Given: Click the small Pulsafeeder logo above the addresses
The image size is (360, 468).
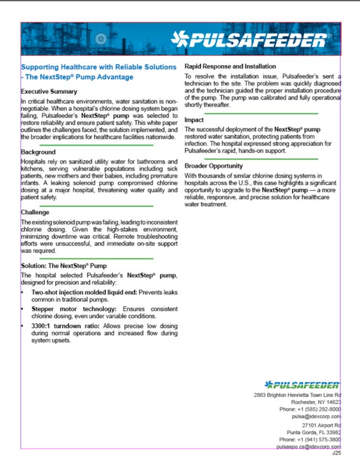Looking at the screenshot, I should coord(302,385).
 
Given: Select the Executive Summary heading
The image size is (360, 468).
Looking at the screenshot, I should coord(49,92).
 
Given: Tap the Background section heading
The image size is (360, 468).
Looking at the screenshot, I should coord(38,152).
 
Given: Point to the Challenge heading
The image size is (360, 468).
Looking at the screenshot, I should coord(35,212).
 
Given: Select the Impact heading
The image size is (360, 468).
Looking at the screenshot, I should coord(194,120).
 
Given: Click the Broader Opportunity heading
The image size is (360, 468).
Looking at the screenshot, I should coord(214,166).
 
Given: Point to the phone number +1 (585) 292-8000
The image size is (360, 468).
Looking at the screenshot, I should coord(320,410).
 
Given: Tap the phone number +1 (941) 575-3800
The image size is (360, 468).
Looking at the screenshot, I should coord(320,439).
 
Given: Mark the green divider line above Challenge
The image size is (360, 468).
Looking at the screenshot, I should coord(88,205).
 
